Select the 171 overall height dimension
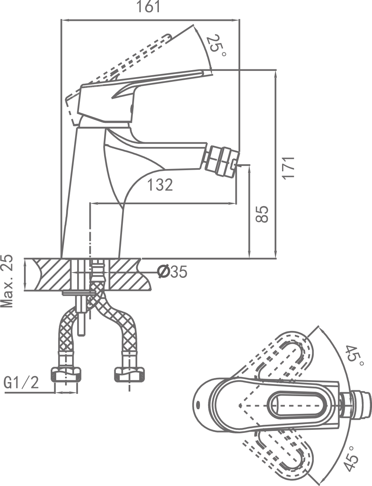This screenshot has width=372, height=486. (288, 167)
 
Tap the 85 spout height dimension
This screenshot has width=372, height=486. (263, 214)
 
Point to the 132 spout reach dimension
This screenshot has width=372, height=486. (160, 185)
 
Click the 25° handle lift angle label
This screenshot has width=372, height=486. (215, 47)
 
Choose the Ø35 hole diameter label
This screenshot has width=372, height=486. (173, 272)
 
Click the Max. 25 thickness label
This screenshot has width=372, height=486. (7, 281)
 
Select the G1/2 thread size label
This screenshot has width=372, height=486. (22, 383)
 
